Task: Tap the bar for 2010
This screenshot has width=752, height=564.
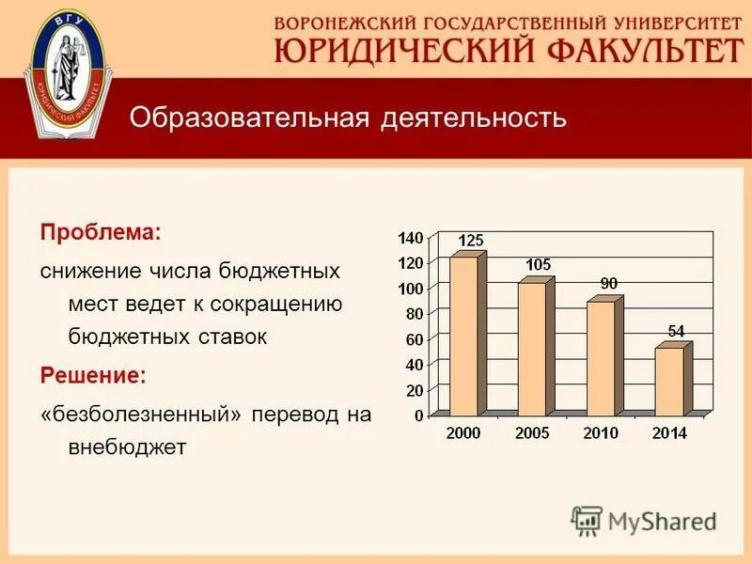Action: point(600,358)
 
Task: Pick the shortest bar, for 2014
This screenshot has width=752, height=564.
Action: point(668,381)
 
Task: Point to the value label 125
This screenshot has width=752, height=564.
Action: point(470,241)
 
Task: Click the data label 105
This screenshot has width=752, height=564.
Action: point(538,265)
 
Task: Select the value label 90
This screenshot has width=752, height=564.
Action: point(608,283)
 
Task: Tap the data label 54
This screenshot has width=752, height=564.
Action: point(676,331)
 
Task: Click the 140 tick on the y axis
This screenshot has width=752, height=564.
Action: point(411,237)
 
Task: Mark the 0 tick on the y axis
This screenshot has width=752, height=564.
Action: point(419,415)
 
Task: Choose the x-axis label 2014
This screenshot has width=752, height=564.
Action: point(669,433)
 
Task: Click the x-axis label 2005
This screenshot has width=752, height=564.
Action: point(533,433)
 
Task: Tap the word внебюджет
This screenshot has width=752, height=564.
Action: point(127,446)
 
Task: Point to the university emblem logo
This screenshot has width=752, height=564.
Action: point(66,72)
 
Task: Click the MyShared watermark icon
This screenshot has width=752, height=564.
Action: point(587,520)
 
